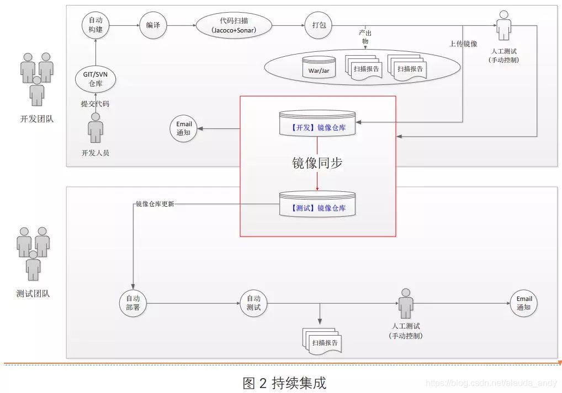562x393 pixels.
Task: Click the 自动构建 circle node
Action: pyautogui.click(x=96, y=25)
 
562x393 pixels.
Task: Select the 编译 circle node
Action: pyautogui.click(x=153, y=25)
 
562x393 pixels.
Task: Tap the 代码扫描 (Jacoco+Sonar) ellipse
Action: pyautogui.click(x=234, y=25)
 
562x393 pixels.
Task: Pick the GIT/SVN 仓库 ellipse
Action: pyautogui.click(x=96, y=80)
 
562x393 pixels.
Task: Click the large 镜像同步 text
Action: pyautogui.click(x=317, y=163)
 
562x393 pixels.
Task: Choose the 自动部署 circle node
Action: pyautogui.click(x=133, y=303)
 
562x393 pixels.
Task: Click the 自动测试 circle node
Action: pyautogui.click(x=253, y=303)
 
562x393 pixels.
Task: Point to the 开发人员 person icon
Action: pyautogui.click(x=96, y=128)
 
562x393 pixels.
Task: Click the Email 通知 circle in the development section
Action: pyautogui.click(x=184, y=128)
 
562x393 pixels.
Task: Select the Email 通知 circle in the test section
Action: pyautogui.click(x=523, y=303)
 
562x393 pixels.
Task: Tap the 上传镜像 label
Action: pyautogui.click(x=463, y=44)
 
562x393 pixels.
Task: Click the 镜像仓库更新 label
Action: pyautogui.click(x=155, y=204)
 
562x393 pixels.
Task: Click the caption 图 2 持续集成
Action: pyautogui.click(x=284, y=383)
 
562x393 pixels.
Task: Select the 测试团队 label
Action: pyautogui.click(x=34, y=294)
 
